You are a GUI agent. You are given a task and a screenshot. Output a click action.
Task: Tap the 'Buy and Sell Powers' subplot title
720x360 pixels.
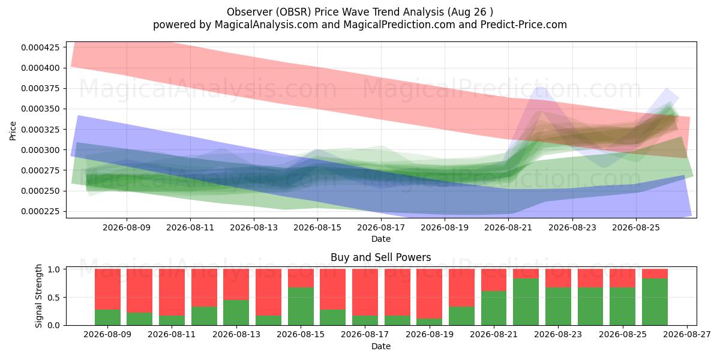380,257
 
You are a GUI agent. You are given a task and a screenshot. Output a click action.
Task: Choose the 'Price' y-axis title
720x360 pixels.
13,131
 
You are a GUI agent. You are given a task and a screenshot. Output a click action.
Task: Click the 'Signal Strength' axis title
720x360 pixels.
38,296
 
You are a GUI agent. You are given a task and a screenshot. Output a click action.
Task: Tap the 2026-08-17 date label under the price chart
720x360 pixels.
381,228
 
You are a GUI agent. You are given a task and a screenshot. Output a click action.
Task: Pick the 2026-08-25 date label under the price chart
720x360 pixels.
636,228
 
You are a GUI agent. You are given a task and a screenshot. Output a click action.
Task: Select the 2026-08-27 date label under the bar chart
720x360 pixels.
687,335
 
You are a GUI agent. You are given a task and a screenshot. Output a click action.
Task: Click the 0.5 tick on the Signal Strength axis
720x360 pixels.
55,298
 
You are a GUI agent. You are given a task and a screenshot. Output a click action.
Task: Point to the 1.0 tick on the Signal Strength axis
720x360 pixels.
55,269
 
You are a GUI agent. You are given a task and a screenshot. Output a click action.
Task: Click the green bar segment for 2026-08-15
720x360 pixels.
301,307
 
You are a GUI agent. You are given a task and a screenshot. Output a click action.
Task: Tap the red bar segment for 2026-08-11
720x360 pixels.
172,292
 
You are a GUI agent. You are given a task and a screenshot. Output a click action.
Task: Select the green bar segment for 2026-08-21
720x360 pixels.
494,308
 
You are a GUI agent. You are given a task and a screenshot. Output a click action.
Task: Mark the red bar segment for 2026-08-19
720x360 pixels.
430,294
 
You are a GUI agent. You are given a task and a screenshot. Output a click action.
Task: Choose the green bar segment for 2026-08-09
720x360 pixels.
107,317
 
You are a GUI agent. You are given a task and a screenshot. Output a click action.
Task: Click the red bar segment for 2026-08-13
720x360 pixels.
236,284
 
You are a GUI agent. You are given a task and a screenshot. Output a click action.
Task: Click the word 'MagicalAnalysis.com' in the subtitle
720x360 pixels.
266,25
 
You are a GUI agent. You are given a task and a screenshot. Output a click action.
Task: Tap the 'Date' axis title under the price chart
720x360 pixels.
381,239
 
